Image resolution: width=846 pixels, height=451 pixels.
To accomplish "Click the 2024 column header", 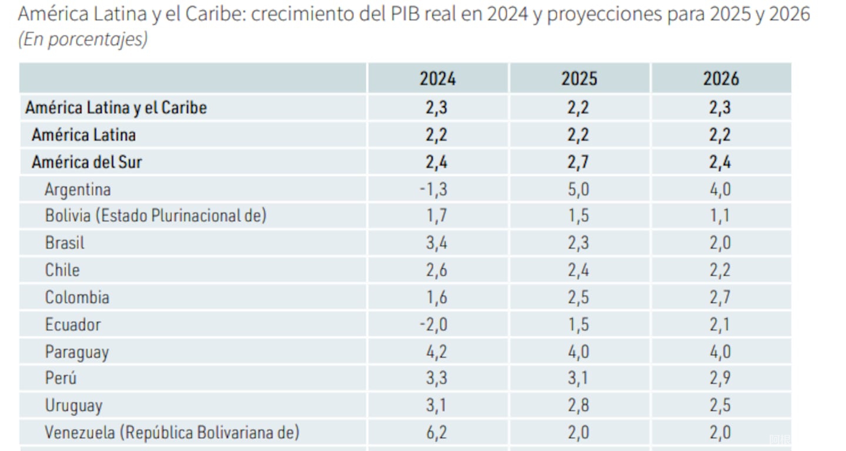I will [437, 79].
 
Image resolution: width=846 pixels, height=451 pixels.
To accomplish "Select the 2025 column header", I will [579, 79].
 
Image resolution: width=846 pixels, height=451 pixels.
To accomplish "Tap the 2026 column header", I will [720, 79].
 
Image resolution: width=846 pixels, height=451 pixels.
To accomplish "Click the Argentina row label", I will [78, 190].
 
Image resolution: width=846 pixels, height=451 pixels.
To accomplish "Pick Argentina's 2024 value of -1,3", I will [435, 190].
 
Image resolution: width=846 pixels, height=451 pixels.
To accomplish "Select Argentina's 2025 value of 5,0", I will [579, 190].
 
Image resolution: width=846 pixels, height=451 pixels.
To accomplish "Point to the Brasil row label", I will [65, 243].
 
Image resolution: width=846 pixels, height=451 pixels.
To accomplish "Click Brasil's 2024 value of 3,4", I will [437, 243].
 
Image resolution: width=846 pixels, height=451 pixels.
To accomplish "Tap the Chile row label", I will [62, 270].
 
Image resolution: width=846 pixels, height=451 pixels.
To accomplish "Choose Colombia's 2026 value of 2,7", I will [720, 297].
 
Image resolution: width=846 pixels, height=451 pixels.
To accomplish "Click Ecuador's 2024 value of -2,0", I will [435, 325].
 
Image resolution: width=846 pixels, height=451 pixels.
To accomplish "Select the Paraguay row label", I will [77, 352].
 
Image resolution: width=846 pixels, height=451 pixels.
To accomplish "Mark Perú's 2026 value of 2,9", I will [720, 378].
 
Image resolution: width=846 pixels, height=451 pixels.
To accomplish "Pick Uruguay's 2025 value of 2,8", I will [579, 406].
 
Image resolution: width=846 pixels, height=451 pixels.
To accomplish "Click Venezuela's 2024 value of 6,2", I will [437, 433].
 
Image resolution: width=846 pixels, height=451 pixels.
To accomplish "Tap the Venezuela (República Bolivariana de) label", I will [172, 433].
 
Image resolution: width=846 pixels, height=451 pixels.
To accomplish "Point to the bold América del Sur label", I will [86, 162].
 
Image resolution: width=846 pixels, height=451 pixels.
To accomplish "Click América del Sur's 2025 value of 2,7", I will [579, 162].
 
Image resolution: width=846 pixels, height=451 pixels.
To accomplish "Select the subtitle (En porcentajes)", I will [82, 39].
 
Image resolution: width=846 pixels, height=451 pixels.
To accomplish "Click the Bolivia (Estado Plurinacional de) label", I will [156, 216].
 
